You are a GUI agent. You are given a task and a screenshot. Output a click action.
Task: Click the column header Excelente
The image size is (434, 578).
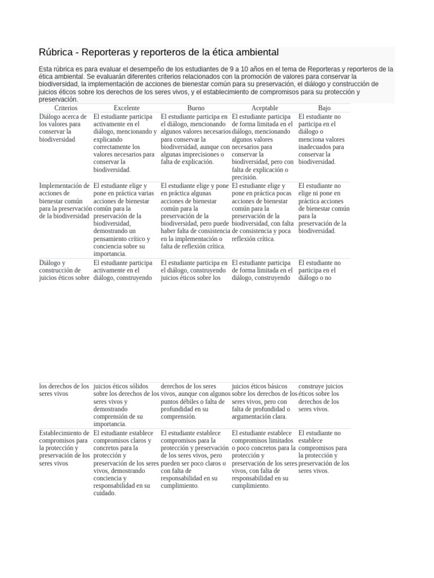pos(127,108)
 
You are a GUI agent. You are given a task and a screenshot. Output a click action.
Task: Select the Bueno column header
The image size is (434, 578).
pos(196,108)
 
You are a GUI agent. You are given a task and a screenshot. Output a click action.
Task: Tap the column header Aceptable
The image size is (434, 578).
pos(264,108)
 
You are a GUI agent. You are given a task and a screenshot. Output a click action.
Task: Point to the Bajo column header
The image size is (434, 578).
pos(324,108)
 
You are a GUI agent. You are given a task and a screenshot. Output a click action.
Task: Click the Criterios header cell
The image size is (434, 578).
pos(66,108)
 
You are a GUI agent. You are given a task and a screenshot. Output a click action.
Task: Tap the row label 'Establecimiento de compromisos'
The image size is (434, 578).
pos(64,448)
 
